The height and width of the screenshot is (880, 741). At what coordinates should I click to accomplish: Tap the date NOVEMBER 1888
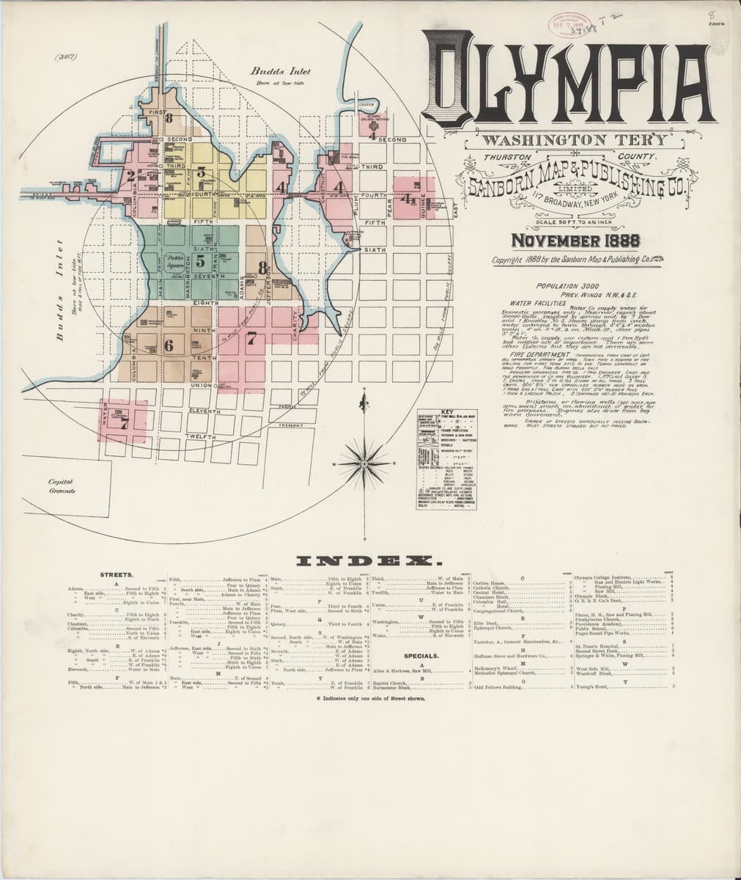[x=575, y=241]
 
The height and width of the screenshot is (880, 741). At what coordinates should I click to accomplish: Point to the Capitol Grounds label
[x=62, y=485]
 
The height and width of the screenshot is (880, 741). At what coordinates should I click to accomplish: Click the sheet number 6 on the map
[x=169, y=347]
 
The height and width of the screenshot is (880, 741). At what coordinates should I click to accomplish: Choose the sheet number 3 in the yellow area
[x=199, y=174]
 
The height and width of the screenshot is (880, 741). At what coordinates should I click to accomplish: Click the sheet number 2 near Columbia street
[x=130, y=175]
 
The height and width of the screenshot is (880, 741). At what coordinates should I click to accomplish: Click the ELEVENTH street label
[x=205, y=412]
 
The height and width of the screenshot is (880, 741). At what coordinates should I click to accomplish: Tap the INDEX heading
[x=362, y=562]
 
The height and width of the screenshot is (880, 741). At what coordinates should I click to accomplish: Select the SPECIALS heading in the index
[x=421, y=656]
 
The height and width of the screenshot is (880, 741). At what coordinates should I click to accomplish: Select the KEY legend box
[x=446, y=460]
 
